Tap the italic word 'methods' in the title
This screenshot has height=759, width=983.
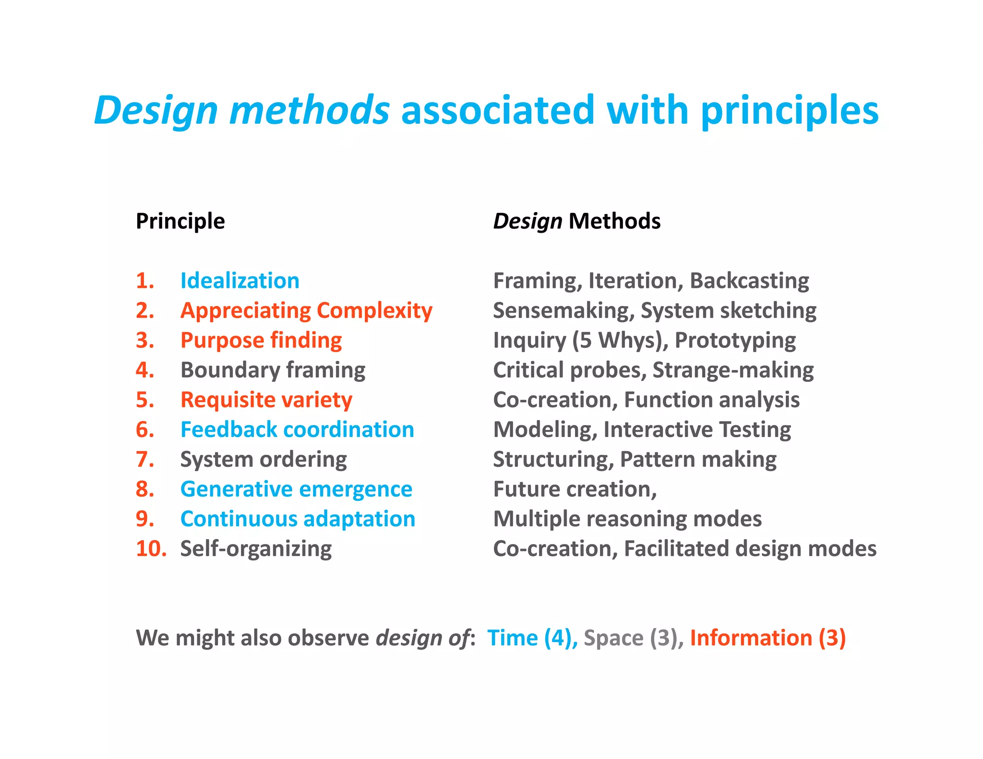[309, 110]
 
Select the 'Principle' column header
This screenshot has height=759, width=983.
[180, 221]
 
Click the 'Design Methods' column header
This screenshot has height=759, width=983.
[576, 221]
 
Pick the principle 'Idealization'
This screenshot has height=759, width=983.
[240, 281]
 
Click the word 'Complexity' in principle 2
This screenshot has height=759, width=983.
[374, 311]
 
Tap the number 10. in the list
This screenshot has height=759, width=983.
[151, 548]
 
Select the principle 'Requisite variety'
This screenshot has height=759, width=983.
[266, 400]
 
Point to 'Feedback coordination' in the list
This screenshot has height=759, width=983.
[297, 429]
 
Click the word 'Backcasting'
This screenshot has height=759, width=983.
[749, 281]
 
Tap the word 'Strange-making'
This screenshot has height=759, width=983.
[733, 370]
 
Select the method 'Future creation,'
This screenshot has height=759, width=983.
[575, 489]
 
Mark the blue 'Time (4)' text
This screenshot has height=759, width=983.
[531, 638]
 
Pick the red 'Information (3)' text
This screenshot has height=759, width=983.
[767, 638]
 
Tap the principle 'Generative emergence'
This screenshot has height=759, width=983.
[296, 489]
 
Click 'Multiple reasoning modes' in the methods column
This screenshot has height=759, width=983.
[627, 519]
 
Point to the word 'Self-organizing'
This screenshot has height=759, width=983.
[256, 548]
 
